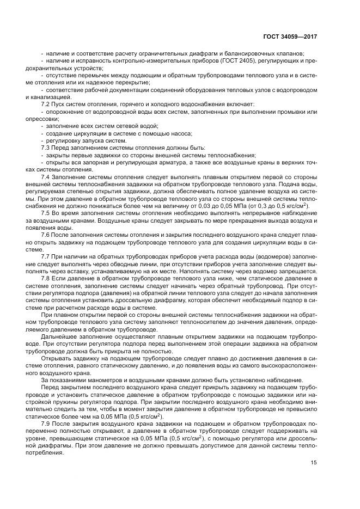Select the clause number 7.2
[46, 103]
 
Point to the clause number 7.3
[46, 148]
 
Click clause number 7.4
[46, 177]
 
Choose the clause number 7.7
[46, 256]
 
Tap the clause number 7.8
[46, 278]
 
